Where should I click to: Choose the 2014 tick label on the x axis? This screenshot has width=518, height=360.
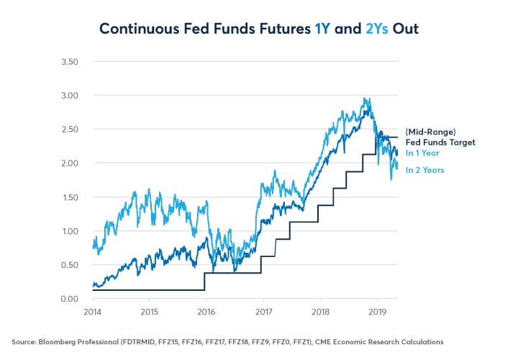[93, 312]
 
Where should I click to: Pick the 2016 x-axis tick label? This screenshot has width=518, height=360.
[206, 312]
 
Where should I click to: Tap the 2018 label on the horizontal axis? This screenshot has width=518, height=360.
[320, 312]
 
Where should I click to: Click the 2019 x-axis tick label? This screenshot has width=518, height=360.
[377, 312]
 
